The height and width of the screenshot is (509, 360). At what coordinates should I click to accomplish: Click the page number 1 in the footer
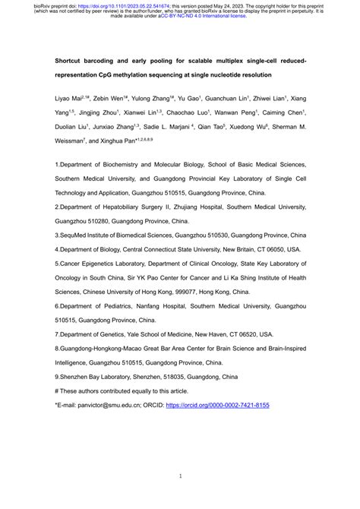[179, 476]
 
